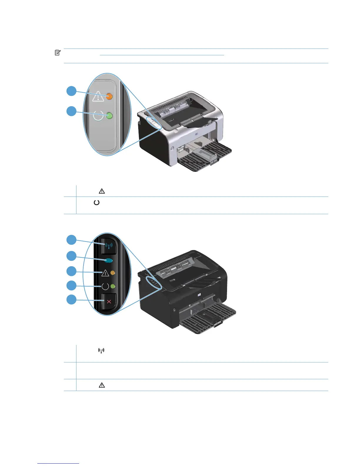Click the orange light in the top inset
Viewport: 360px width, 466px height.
pos(109,96)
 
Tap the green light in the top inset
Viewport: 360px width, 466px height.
pos(109,116)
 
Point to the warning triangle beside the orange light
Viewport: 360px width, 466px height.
pos(98,96)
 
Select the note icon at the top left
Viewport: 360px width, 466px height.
pos(58,53)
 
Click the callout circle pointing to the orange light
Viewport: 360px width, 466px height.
pos(71,91)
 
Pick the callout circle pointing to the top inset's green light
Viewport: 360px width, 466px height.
pos(71,111)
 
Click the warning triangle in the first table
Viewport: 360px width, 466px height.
pos(102,191)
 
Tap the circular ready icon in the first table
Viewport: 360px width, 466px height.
pos(96,203)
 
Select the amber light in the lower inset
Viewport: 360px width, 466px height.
pos(113,273)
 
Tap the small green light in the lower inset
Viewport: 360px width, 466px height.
pos(112,286)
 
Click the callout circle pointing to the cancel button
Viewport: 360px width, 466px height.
pos(71,300)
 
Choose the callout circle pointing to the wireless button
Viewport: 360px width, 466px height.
pos(71,240)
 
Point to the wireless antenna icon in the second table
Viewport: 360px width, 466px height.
pos(101,351)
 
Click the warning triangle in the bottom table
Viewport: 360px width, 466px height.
pos(102,385)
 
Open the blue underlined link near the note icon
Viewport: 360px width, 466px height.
pos(162,55)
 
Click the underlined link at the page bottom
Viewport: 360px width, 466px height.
pos(58,464)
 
